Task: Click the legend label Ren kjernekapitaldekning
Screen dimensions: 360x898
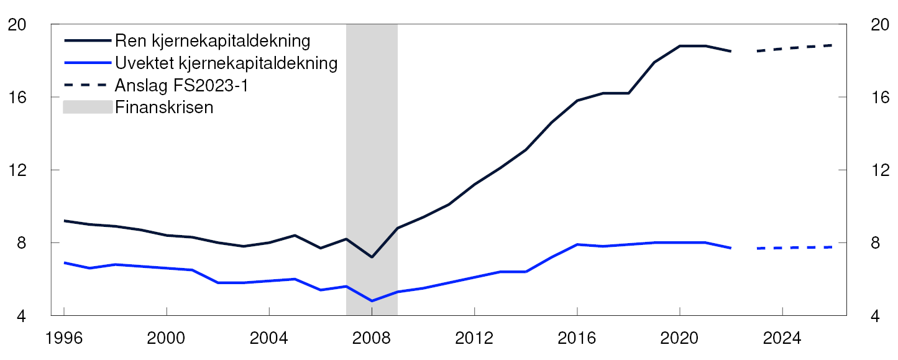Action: (x=213, y=42)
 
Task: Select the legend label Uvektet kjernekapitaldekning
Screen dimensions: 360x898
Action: (x=226, y=63)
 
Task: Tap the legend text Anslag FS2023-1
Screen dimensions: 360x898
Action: (x=181, y=85)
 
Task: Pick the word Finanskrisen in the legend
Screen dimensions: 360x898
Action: (x=164, y=107)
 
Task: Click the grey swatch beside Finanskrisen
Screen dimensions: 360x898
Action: (x=88, y=107)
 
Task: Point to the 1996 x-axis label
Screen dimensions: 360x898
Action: (x=64, y=339)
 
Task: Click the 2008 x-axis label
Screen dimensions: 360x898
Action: (x=372, y=339)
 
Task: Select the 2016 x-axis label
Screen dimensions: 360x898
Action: (x=577, y=339)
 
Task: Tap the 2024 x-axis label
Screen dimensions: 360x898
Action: (x=782, y=339)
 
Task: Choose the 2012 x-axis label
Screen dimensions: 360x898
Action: (x=474, y=339)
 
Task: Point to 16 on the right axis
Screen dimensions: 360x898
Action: (x=873, y=98)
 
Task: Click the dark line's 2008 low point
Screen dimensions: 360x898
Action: (x=372, y=257)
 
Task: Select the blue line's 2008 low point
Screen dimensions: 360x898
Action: (x=372, y=301)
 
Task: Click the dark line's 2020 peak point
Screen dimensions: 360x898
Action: (x=680, y=46)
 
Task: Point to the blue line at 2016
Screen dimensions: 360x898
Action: (x=577, y=244)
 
